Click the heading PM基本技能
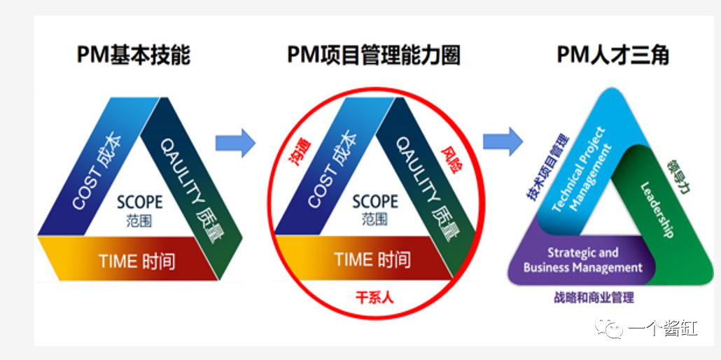133,55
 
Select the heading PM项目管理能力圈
373,55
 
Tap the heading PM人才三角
612,55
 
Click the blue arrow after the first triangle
235,143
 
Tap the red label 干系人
374,297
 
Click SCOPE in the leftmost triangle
139,201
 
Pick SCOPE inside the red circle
374,201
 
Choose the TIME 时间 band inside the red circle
372,260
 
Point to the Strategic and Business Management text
583,260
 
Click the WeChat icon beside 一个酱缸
609,328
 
